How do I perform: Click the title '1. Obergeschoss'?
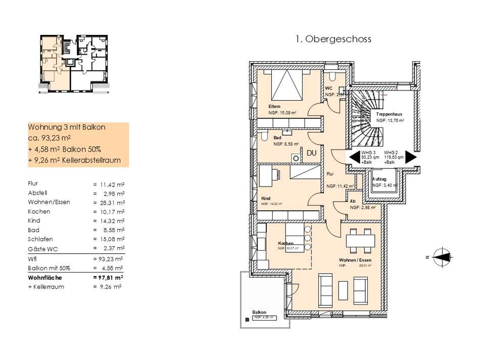[332, 39]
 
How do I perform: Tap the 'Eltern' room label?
[274, 106]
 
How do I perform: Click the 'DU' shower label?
[312, 153]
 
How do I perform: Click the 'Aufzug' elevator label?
[379, 179]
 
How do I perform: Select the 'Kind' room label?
[266, 199]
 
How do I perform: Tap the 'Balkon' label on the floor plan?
[259, 312]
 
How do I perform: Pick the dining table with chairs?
[360, 240]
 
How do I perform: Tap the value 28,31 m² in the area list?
[110, 202]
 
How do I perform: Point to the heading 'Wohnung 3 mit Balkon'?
[67, 127]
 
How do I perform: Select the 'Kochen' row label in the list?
[39, 211]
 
